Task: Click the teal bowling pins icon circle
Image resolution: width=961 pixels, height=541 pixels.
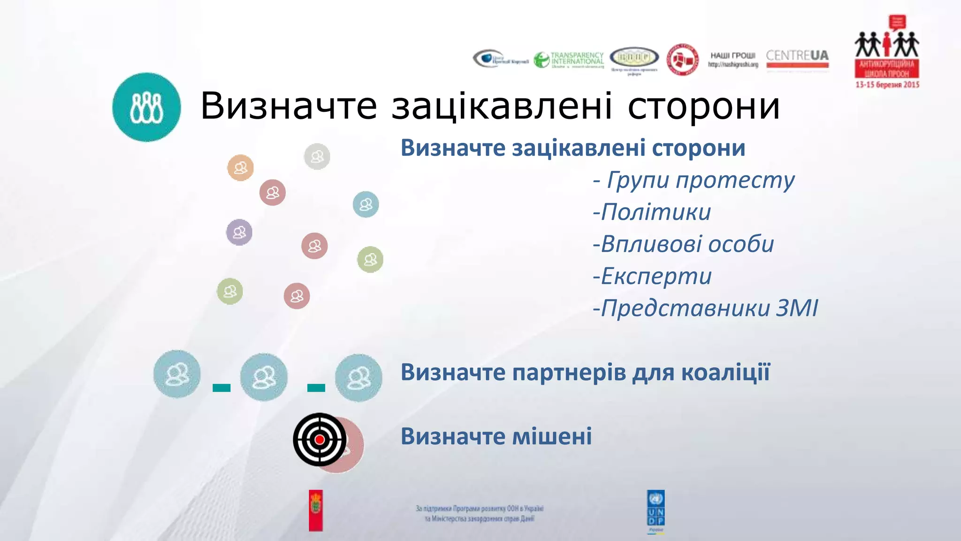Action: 146,107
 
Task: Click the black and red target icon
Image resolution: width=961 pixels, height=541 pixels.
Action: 320,440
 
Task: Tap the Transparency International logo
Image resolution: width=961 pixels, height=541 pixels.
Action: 569,60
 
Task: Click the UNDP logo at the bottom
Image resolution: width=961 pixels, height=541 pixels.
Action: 656,511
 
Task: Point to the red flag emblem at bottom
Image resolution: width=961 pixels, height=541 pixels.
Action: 316,510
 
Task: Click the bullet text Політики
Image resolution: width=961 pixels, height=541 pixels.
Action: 652,212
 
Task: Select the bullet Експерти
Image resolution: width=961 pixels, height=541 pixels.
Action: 652,276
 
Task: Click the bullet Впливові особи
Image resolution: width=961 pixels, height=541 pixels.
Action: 683,244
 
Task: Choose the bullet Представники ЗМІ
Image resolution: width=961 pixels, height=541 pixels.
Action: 705,309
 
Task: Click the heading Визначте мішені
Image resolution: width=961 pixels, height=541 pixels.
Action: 496,436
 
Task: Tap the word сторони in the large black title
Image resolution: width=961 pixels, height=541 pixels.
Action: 703,106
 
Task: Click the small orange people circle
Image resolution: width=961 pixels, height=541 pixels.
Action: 240,168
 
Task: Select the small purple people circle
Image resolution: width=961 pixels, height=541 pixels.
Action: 239,232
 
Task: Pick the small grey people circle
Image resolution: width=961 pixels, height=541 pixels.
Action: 317,156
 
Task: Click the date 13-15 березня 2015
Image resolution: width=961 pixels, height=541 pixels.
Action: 887,85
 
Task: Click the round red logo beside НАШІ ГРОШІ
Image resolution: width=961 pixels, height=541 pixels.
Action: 683,60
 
